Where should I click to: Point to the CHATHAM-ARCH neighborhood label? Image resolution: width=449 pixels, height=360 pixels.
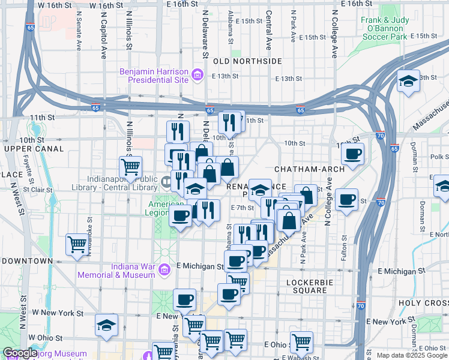pos(310,169)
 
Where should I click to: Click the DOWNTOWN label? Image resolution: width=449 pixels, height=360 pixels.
pos(28,261)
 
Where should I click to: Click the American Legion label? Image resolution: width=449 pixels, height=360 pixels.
pos(166,208)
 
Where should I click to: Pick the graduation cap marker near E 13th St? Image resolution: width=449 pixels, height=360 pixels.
pos(408,80)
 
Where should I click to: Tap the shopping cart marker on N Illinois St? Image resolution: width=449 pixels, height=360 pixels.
pos(130,166)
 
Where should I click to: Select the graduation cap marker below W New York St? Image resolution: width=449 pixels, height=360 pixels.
pos(106,325)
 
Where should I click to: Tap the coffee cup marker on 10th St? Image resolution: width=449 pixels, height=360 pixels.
pos(352,154)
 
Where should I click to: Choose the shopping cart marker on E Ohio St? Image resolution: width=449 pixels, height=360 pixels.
pos(301,342)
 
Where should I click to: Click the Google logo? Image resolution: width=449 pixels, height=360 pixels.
pos(20,353)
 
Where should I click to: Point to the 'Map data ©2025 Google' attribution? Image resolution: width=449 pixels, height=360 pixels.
pos(412,355)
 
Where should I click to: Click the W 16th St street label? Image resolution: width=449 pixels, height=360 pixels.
pos(55,5)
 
